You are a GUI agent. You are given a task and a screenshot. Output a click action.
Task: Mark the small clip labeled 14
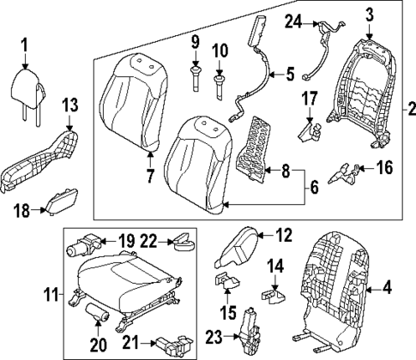tap(274, 292)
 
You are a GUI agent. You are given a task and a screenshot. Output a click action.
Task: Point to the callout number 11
tap(51, 298)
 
